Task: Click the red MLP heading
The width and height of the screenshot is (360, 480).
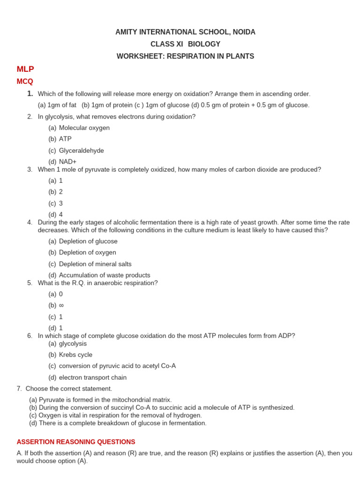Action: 25,69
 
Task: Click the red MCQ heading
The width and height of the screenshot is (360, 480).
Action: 25,81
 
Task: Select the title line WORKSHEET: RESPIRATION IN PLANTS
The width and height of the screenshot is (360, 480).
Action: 185,56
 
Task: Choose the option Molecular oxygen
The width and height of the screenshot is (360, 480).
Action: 84,127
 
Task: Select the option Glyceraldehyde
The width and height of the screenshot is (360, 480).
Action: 81,150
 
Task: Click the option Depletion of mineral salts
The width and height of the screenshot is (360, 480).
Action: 95,264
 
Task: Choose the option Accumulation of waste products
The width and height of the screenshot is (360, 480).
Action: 104,275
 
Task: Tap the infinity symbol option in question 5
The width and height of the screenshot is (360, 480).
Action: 61,305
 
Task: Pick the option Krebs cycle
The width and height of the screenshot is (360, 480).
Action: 75,355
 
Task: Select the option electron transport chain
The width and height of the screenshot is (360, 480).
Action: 92,377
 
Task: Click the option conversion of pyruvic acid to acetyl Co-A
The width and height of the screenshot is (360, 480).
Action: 117,366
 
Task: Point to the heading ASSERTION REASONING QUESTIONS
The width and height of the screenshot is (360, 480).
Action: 76,442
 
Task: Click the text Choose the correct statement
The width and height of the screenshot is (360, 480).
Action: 69,389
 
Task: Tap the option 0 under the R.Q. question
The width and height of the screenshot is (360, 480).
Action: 60,294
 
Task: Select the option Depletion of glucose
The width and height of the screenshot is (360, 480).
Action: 88,241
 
